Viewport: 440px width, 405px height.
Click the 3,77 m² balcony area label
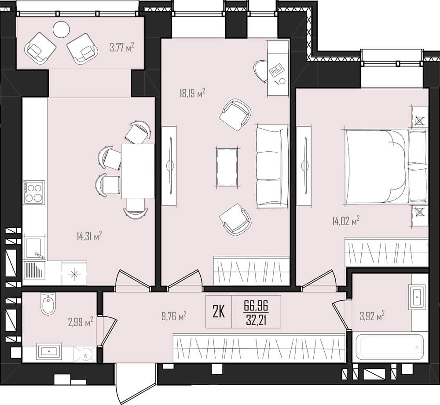click(122, 47)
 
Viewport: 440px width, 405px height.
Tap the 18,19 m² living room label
click(192, 93)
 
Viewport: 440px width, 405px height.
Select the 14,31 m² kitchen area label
click(89, 236)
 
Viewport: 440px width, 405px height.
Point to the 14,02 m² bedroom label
click(346, 221)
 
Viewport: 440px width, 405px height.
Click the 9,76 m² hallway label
click(174, 316)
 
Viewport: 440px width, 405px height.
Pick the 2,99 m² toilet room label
click(81, 322)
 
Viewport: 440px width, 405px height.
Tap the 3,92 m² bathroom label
click(372, 316)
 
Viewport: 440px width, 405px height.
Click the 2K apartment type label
click(219, 312)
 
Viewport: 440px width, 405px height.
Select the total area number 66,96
click(256, 305)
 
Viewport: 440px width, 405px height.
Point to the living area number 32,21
click(256, 320)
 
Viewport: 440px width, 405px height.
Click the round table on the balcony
click(62, 29)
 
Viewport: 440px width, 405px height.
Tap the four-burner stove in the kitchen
click(34, 192)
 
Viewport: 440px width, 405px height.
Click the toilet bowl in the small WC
click(48, 304)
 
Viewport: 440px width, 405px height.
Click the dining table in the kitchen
click(138, 171)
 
